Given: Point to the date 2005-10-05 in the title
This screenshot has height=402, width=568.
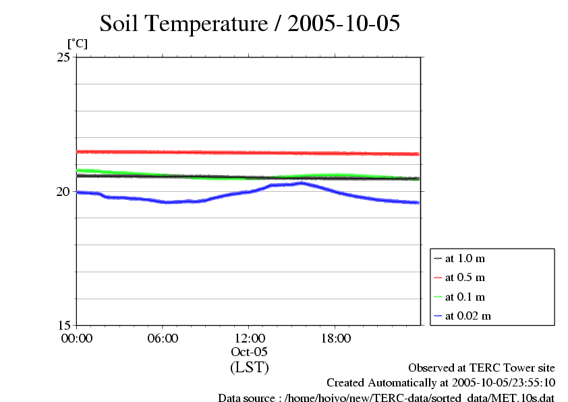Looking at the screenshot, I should pos(344,24).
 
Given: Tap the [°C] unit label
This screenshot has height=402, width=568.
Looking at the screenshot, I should pos(77,44).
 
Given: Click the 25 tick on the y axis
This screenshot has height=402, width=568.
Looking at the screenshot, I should pos(63,57).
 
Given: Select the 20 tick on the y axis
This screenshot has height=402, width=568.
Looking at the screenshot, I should pos(63,191).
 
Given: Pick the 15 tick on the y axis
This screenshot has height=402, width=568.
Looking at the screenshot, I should pos(63,325).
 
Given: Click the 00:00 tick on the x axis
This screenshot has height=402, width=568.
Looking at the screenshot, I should pos(77,338).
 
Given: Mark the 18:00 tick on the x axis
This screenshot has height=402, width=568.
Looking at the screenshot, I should pos(336,338).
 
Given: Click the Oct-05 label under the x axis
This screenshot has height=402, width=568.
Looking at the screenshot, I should pos(250,352).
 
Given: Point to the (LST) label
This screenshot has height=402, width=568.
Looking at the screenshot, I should pos(250,368).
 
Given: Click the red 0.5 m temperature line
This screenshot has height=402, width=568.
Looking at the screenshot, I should pos(250,153).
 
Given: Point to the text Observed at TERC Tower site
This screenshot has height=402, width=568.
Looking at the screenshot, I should pos(482,368).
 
